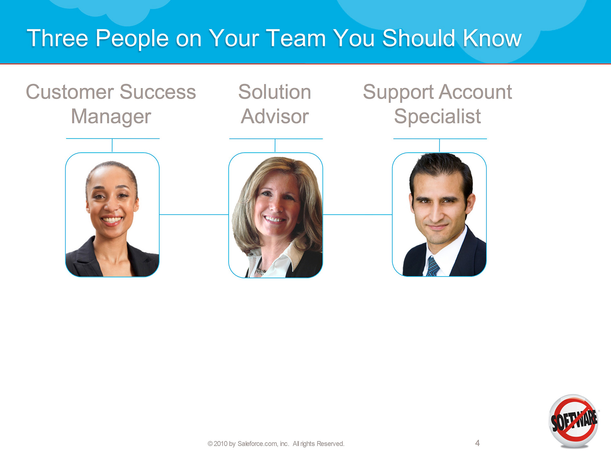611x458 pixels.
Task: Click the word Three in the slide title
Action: [x=58, y=38]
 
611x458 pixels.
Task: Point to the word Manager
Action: [x=111, y=117]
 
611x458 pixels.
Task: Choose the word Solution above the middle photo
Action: [x=275, y=92]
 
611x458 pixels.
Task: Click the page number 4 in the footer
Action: [x=478, y=443]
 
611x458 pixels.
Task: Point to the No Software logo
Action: [x=574, y=421]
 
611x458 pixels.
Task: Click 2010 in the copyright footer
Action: [x=221, y=444]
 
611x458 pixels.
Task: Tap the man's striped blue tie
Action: [x=433, y=266]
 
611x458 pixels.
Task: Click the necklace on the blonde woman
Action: [x=261, y=272]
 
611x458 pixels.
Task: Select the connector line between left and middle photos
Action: [x=194, y=214]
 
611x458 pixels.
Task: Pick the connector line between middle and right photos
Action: [x=358, y=214]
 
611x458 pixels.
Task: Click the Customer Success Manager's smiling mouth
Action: [x=111, y=220]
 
